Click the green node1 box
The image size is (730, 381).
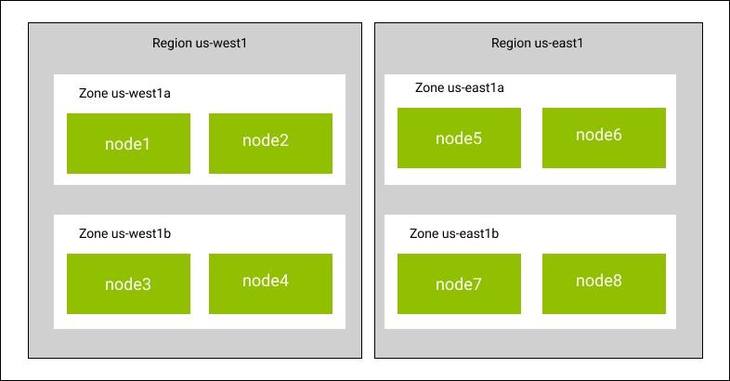[128, 143]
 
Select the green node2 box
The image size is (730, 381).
[270, 143]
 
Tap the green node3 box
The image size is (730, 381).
[128, 283]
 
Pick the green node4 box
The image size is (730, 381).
[270, 283]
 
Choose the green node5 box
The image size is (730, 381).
[459, 138]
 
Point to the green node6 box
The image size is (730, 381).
[604, 138]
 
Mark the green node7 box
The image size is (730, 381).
[459, 283]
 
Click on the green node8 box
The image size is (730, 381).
[604, 283]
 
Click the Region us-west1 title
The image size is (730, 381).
[200, 44]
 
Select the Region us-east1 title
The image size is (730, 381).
[537, 44]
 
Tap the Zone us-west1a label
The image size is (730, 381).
[124, 93]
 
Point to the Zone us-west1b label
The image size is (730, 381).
[124, 233]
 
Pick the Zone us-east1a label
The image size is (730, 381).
[460, 87]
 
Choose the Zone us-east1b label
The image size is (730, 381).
[454, 233]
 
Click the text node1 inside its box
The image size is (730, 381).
[127, 144]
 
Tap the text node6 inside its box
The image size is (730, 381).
[599, 135]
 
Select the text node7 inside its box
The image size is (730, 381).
[459, 284]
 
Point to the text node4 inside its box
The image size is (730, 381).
[266, 281]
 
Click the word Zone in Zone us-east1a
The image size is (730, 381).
[430, 87]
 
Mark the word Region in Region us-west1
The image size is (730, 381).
[172, 44]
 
